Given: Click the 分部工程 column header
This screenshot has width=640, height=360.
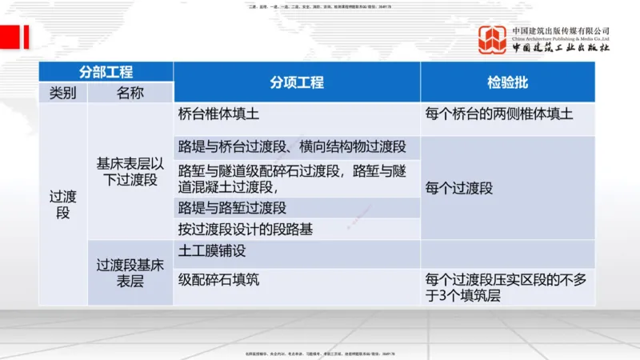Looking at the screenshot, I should (106, 72).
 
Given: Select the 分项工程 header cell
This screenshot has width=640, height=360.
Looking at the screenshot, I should (297, 82).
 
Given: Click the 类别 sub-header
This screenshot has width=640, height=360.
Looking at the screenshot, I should (62, 93).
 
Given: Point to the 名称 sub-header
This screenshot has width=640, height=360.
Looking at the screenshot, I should (130, 93).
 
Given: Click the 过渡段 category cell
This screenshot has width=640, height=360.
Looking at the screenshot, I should (62, 204).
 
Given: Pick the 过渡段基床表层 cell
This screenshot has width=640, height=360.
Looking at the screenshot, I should (130, 272).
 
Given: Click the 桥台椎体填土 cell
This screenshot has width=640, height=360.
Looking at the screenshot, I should (297, 114).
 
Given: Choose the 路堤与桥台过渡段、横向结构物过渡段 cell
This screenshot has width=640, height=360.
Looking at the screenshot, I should (297, 147).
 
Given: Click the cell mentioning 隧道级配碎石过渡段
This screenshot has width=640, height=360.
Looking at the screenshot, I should (297, 178).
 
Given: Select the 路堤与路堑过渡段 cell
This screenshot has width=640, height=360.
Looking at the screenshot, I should (297, 208).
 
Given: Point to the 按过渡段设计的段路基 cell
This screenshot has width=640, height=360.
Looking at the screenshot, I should (297, 230).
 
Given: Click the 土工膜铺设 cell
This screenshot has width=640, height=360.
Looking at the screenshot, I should (297, 251).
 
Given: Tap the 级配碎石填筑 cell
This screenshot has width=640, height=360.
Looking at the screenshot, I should (297, 281).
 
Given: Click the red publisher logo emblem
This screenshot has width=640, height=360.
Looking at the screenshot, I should (493, 40).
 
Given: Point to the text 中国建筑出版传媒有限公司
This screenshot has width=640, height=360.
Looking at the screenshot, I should (561, 30).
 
